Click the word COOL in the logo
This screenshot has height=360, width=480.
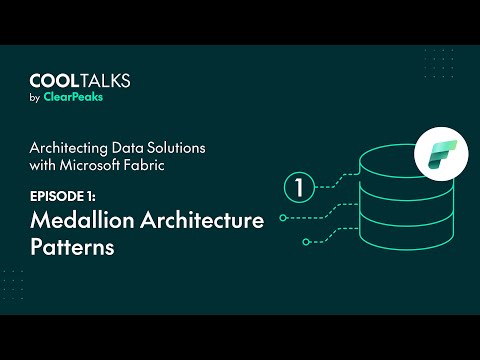coord(53,81)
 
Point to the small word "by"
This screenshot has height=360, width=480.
coord(35,99)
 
